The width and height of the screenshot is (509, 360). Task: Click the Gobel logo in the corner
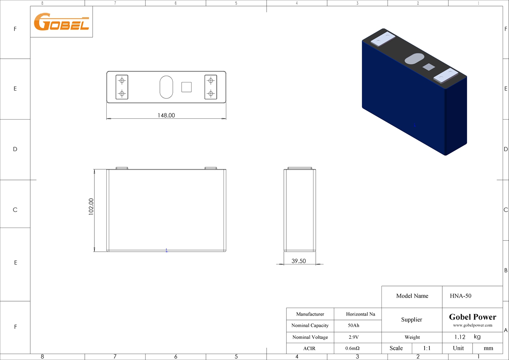(x=61, y=22)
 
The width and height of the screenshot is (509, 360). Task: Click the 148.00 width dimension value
(x=166, y=115)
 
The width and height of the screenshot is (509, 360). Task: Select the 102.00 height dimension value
(x=91, y=207)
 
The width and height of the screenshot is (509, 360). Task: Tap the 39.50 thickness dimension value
(x=298, y=261)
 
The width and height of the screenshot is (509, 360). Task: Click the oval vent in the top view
(x=166, y=87)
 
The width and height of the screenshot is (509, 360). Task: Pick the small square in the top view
(x=186, y=87)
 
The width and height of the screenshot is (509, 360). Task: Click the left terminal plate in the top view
(x=122, y=87)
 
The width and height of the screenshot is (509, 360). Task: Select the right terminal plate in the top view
(x=210, y=87)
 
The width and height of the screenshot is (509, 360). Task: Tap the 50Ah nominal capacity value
(x=353, y=325)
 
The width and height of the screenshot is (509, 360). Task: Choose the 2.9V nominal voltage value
(x=353, y=337)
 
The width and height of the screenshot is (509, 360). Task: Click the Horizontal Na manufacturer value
(x=360, y=314)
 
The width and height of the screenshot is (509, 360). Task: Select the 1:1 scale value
(x=427, y=348)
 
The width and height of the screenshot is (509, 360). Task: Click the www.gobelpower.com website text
(x=472, y=325)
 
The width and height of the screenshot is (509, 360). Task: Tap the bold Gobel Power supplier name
(x=472, y=317)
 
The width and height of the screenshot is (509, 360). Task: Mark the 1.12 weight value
(x=460, y=337)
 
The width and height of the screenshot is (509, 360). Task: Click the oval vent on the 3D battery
(x=414, y=59)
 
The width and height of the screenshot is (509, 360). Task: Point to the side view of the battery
(x=299, y=210)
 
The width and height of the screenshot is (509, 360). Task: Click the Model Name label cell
(x=412, y=296)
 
